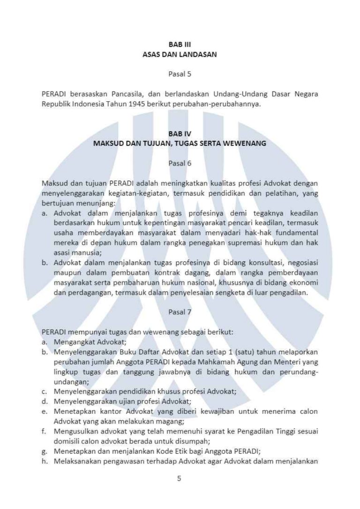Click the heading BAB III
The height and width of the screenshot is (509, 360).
tap(180, 46)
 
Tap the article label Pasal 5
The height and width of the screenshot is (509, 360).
tap(180, 74)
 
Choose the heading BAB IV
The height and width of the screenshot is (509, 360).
tap(180, 134)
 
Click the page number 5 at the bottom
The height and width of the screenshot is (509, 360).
tap(180, 479)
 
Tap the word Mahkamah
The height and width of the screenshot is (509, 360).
tap(238, 361)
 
